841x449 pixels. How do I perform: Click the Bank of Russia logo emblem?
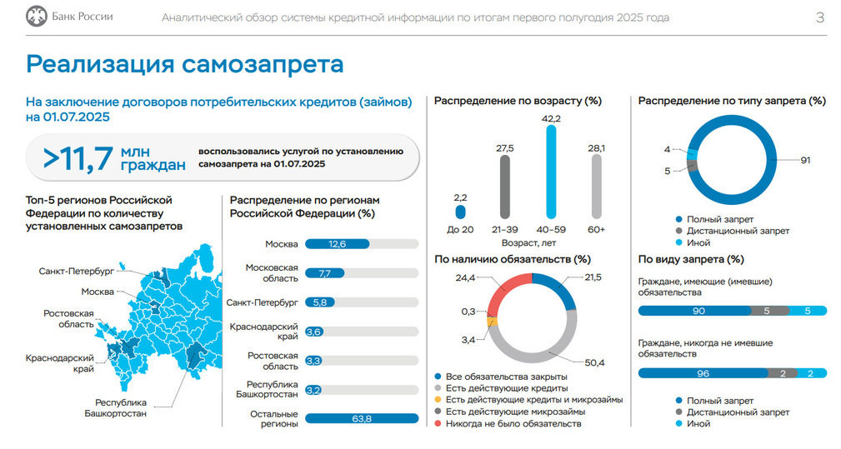click(x=36, y=17)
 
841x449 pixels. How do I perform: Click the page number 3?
click(x=820, y=17)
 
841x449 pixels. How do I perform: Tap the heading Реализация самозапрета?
click(x=185, y=64)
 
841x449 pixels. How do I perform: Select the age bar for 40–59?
click(x=550, y=171)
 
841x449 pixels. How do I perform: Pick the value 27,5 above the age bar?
click(x=505, y=147)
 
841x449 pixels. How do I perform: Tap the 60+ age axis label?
click(x=596, y=229)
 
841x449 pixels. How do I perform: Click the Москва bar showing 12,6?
click(x=327, y=244)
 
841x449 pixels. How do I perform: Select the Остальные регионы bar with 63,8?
click(x=362, y=418)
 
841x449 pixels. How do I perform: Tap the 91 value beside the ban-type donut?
click(x=805, y=160)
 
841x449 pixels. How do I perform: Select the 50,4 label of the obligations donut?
click(x=594, y=363)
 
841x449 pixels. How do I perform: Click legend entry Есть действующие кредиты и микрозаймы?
click(x=533, y=400)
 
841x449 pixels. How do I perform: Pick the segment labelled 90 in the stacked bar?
click(x=698, y=311)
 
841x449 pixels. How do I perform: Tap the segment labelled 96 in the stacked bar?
click(x=702, y=373)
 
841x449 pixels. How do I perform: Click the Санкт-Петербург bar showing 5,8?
click(x=320, y=302)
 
